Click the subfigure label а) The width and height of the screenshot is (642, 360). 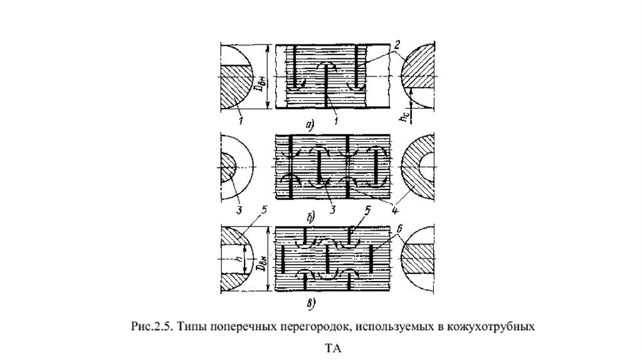(308, 125)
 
